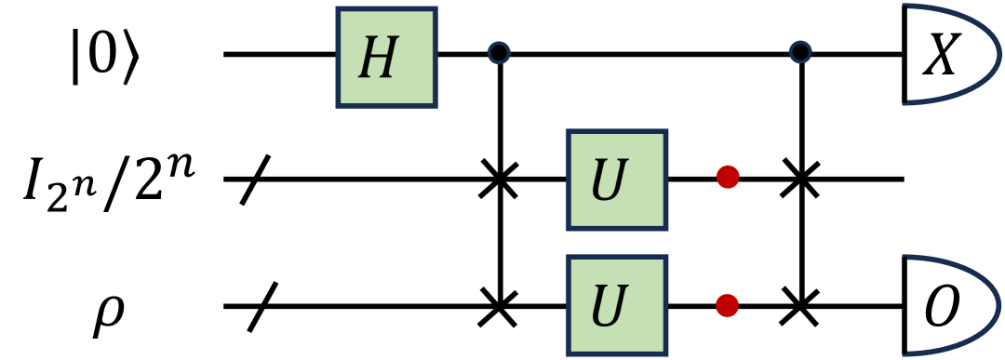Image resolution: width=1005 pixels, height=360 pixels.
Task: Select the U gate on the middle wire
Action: point(615,179)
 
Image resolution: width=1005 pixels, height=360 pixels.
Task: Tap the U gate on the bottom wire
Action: point(615,304)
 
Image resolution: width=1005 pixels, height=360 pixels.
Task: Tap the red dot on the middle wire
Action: point(728,179)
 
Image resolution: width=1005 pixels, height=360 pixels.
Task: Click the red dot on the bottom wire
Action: point(728,304)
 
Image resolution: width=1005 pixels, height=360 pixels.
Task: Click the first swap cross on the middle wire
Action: point(501,179)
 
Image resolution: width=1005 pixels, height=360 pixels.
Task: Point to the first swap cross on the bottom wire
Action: point(501,304)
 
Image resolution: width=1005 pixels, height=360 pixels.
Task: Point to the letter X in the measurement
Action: point(941,58)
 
